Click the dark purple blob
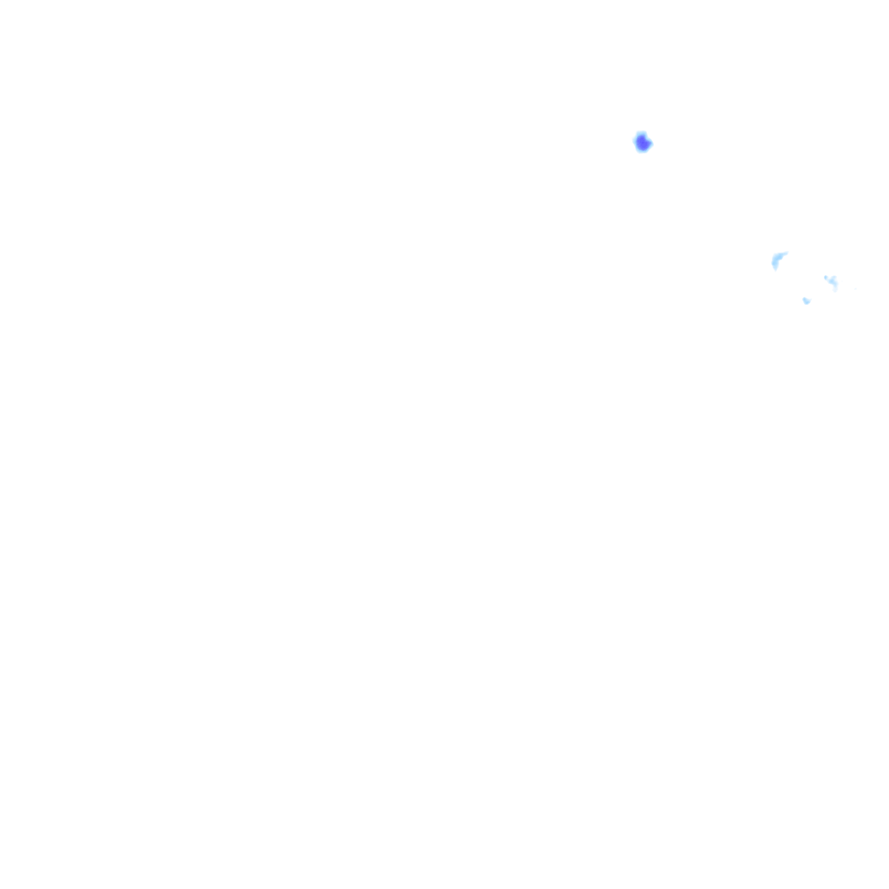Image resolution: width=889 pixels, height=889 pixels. pos(642,143)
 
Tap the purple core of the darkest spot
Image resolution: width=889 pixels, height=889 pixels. pos(642,143)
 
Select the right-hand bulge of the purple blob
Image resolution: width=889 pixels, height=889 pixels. pos(649,143)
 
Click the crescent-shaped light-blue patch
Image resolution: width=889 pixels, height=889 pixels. pos(777,259)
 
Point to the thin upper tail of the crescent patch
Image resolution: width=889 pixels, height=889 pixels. pos(786,254)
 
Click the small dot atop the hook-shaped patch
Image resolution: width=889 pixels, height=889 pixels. pos(826,277)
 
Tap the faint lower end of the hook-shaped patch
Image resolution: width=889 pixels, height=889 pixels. pos(835,290)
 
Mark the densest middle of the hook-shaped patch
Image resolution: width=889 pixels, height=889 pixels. pos(832,281)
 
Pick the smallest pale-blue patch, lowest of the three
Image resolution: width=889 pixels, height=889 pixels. pos(807,301)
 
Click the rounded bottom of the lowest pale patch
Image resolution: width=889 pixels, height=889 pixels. pos(807,304)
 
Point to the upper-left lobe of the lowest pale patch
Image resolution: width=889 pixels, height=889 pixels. pos(804,299)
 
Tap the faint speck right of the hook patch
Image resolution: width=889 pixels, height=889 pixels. pos(855,289)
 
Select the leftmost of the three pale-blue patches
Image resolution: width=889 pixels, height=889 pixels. pos(777,259)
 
